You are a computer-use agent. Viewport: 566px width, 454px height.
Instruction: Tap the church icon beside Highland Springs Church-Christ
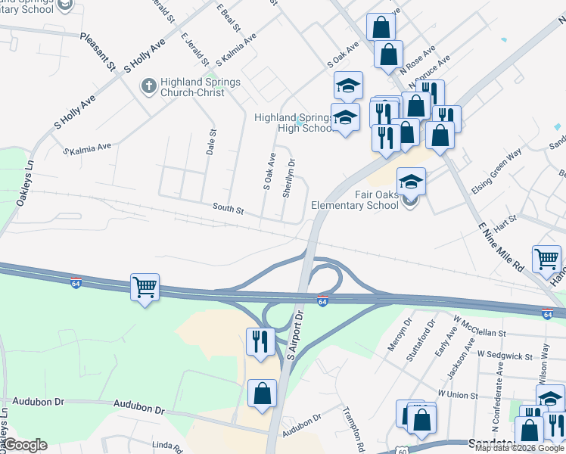pos(149,87)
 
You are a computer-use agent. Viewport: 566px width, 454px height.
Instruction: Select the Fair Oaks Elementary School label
pos(354,200)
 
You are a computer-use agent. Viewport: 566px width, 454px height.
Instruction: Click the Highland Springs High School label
pos(294,123)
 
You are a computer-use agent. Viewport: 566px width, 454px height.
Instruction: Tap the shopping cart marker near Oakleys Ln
pos(145,287)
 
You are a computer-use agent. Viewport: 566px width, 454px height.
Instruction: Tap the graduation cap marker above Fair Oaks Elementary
pos(411,182)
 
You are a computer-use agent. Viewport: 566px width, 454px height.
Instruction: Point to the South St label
pos(228,208)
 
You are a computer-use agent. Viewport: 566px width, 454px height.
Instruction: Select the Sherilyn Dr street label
pos(288,178)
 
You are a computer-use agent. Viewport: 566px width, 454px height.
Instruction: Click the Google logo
pos(25,445)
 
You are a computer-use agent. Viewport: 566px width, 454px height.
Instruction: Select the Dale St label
pos(211,141)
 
